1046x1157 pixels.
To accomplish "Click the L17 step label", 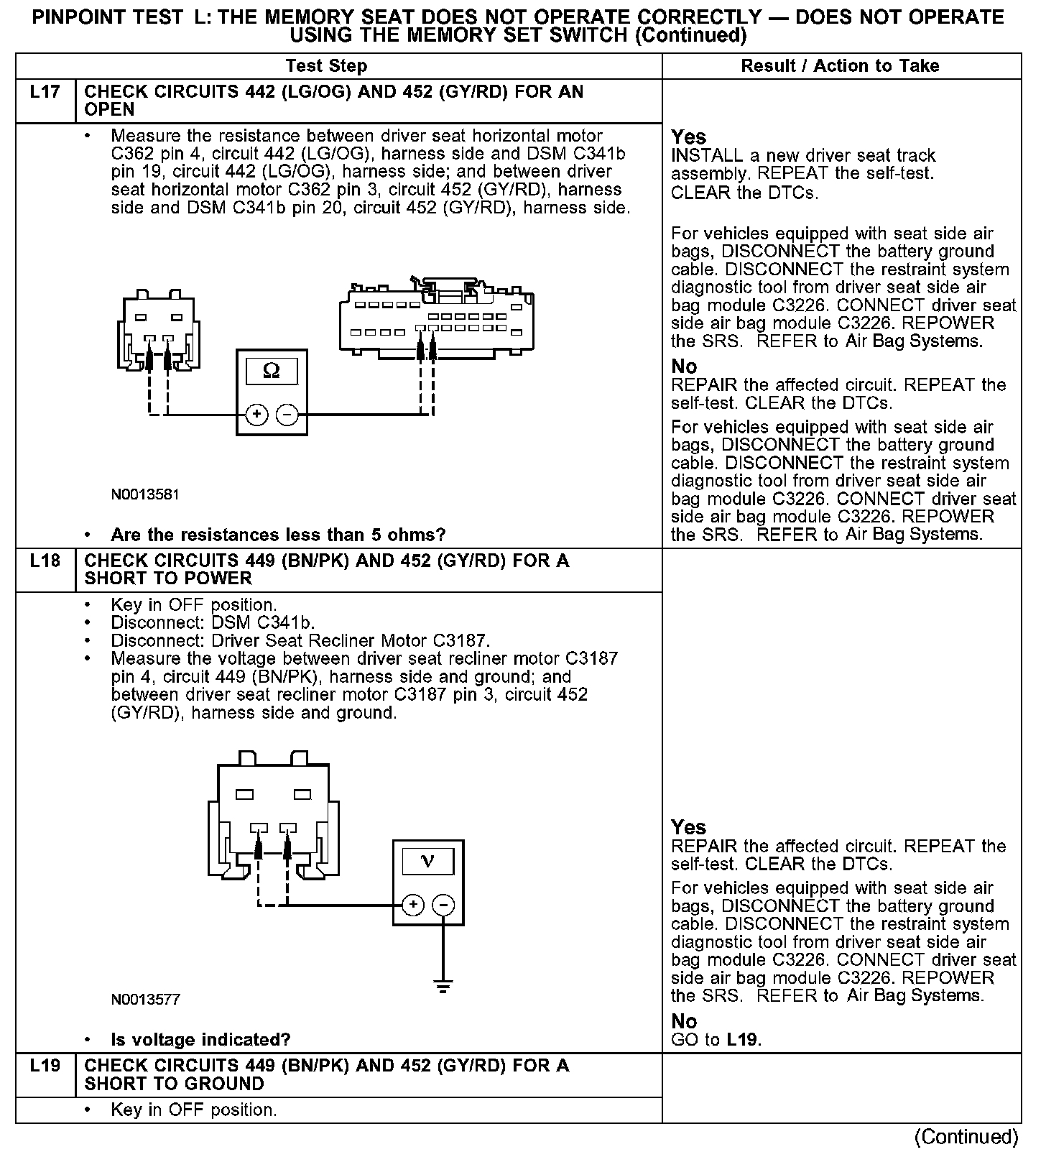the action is point(45,92).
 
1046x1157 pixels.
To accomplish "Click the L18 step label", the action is point(45,561).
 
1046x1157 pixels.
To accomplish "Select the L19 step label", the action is point(45,1065).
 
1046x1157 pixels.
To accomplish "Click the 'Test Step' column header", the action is point(326,66).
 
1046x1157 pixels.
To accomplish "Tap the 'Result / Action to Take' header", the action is point(840,66).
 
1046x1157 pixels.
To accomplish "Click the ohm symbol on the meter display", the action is point(272,371).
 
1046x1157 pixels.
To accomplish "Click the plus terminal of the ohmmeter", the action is point(257,415).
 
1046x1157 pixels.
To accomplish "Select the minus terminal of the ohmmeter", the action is point(287,415).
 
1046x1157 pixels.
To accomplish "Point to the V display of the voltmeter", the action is point(427,861).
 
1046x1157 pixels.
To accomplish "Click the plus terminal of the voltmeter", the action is point(413,905).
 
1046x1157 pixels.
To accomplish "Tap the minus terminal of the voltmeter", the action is point(443,905).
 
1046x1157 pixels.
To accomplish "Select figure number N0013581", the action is point(145,494).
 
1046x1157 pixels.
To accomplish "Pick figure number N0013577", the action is point(145,999).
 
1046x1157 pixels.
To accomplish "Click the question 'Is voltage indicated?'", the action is point(200,1039).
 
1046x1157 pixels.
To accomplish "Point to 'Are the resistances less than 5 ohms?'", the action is point(278,535).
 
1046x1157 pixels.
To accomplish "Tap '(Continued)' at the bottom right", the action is point(966,1136).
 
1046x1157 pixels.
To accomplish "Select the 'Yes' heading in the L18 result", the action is point(688,827).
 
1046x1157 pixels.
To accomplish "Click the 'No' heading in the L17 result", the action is point(684,367).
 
